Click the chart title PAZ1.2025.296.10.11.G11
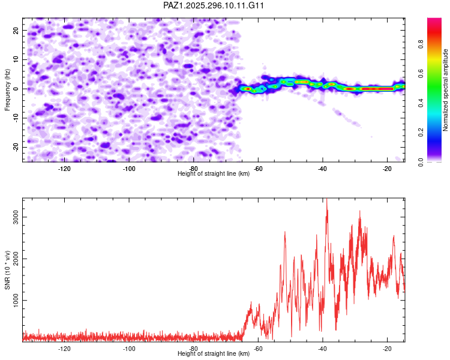214,5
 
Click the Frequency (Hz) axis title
8,89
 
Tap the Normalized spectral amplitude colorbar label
446,90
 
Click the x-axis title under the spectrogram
214,174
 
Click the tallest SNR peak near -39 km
326,200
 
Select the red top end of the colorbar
434,21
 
